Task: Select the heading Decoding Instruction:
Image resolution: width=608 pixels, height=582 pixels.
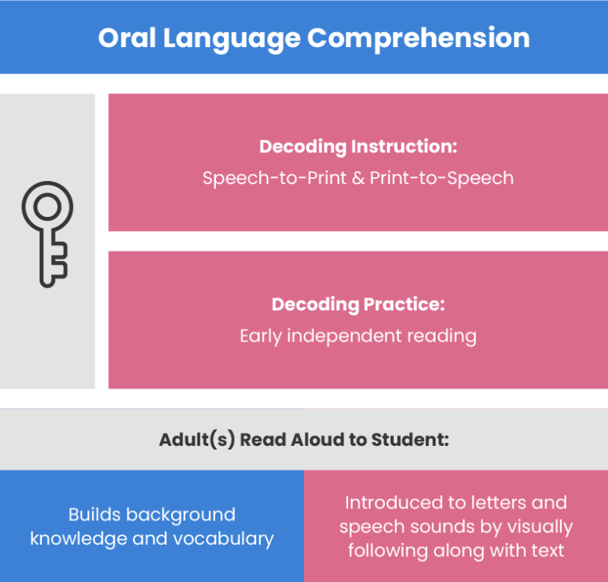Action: click(358, 147)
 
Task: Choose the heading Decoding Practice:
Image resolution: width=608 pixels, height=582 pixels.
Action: click(358, 304)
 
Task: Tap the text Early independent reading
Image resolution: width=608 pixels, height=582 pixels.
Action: click(358, 336)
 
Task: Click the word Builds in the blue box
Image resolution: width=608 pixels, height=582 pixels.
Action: click(95, 514)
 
